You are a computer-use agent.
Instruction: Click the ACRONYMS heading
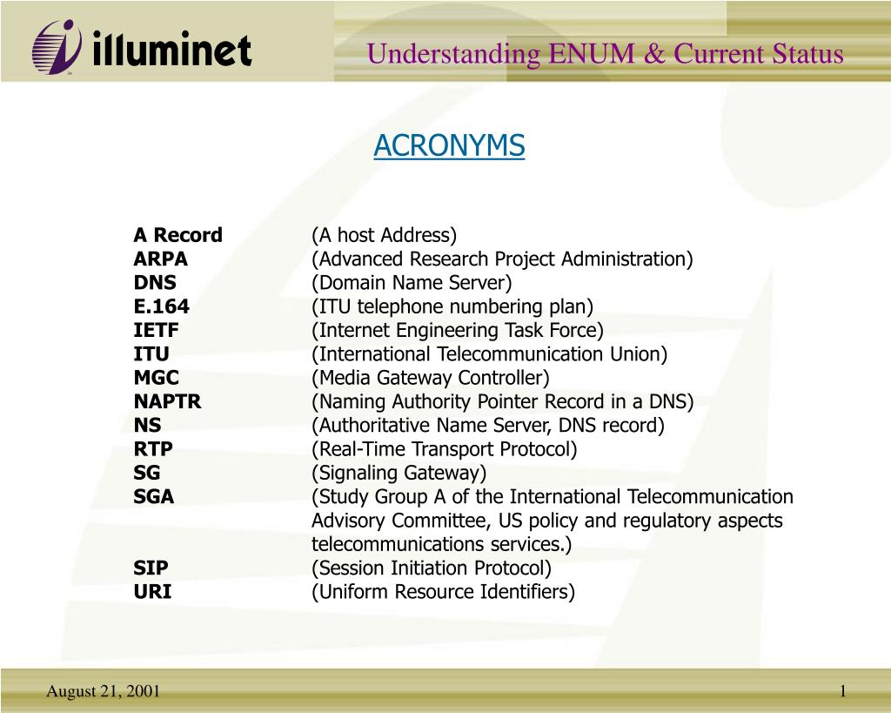449,146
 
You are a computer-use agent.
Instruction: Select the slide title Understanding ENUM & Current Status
605,54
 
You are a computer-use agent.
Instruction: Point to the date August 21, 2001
103,691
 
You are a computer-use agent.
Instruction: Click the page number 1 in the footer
843,691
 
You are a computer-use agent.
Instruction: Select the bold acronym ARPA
160,259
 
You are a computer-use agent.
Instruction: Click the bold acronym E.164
161,306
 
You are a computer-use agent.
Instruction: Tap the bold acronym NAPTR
167,401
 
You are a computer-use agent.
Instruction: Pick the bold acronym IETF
156,330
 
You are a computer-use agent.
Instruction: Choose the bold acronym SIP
151,568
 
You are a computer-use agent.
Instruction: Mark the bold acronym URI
152,592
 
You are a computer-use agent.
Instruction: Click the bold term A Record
178,235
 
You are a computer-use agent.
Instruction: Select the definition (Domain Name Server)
412,283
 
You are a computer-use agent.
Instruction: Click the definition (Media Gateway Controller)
431,378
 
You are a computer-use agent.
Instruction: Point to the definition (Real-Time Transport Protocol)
445,449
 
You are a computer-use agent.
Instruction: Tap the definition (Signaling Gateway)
399,473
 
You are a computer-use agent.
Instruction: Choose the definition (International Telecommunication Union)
490,354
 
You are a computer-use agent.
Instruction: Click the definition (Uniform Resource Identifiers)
444,592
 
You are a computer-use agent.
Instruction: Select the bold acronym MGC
156,378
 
